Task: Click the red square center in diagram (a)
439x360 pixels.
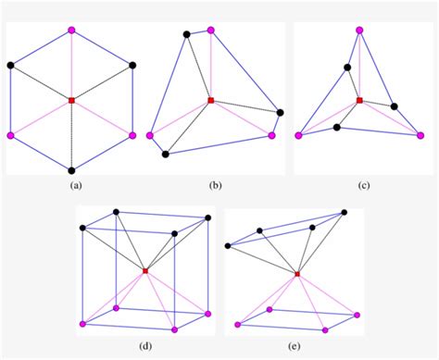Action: click(71, 99)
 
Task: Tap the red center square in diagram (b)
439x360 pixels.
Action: click(211, 100)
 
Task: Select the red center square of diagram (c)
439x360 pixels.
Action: click(359, 100)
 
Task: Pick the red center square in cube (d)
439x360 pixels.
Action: click(145, 270)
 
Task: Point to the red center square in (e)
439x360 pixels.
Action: click(296, 274)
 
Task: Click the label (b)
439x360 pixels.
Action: click(215, 184)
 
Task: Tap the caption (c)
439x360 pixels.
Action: click(364, 184)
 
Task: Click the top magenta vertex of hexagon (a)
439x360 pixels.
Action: click(71, 31)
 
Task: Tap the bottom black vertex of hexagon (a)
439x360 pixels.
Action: click(71, 170)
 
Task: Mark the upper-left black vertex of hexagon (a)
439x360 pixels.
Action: click(11, 65)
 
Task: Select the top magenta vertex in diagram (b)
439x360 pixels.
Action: click(212, 31)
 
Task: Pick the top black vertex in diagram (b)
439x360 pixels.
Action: click(187, 35)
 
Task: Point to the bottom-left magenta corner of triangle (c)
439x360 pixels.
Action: click(299, 135)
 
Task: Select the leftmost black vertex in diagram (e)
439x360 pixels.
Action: click(229, 245)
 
